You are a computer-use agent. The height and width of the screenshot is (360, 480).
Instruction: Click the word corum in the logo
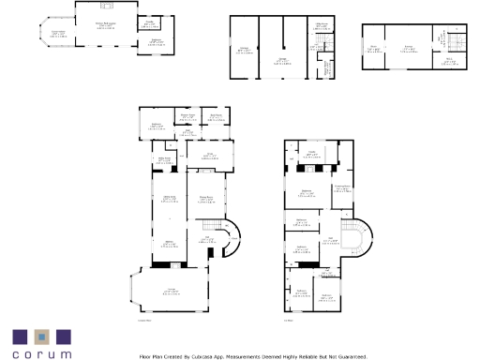point(41,354)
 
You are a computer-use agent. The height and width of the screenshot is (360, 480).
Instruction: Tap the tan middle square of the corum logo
point(41,336)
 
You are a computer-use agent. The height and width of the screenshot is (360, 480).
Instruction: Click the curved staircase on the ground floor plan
point(231,240)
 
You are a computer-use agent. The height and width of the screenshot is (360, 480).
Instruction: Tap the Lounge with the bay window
point(171,292)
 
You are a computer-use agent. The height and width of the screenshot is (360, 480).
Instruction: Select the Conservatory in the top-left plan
point(58,35)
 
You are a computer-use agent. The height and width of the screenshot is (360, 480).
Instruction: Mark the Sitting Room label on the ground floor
point(170,197)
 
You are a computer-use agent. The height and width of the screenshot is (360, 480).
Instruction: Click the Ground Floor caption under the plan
point(144,321)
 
